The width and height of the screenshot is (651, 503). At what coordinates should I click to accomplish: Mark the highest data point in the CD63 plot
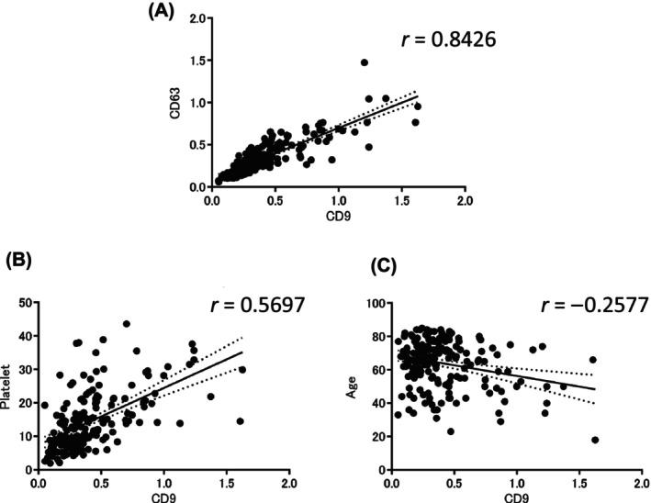[365, 62]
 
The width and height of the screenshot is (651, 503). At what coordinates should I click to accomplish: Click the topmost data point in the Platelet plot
[127, 324]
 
